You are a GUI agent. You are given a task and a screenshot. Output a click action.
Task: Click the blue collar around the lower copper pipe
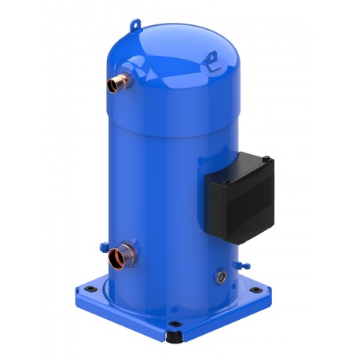[130, 254]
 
